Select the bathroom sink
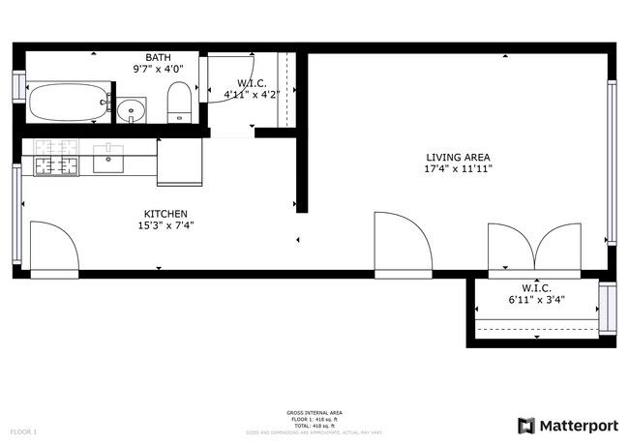[x=134, y=109]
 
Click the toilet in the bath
[x=180, y=103]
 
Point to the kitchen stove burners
[x=56, y=158]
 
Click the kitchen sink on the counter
[x=108, y=158]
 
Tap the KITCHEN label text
[x=165, y=214]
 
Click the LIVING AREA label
[x=458, y=157]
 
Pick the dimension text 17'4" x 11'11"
[x=458, y=168]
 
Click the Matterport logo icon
[x=526, y=425]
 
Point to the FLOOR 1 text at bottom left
[x=23, y=430]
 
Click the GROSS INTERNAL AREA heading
[x=314, y=413]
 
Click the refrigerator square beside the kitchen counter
[x=180, y=161]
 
